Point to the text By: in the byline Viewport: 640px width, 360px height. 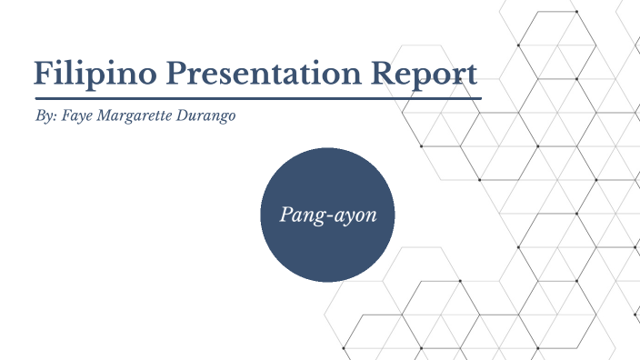click(x=44, y=118)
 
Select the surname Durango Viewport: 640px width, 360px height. click(x=204, y=118)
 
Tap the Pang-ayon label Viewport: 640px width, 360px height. click(x=326, y=215)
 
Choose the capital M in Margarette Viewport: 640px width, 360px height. click(x=104, y=117)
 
